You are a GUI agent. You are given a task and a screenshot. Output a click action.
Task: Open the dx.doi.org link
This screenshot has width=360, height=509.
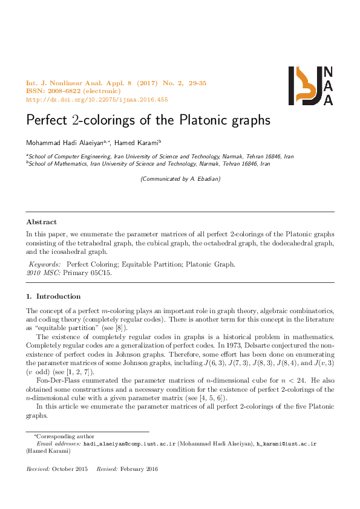[x=97, y=100]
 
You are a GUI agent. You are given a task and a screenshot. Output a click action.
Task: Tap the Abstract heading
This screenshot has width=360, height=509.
[x=42, y=222]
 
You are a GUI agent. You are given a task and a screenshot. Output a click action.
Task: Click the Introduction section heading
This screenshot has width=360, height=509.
[x=58, y=296]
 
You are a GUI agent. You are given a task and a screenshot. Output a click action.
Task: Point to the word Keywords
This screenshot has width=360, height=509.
[x=45, y=264]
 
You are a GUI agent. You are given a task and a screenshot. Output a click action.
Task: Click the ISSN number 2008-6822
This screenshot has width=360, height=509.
[x=63, y=91]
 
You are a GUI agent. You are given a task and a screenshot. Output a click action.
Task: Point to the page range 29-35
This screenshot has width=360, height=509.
[x=195, y=83]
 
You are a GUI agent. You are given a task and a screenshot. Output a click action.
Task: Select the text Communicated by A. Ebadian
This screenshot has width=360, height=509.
[x=180, y=178]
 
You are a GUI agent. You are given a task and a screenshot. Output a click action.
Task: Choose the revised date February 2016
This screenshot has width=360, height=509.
[x=140, y=469]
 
